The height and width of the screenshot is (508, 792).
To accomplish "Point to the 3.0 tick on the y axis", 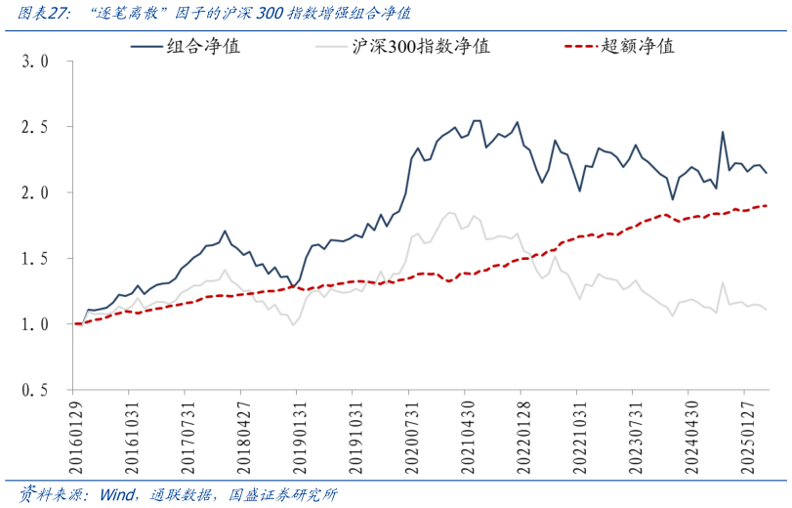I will coord(35,61).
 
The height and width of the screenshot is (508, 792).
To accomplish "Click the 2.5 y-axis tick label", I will coord(35,127).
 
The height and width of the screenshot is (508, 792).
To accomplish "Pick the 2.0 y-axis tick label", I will coord(35,192).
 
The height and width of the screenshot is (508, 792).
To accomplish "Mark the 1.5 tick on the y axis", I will coord(35,259).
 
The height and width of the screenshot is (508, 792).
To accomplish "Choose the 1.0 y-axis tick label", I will coord(35,324).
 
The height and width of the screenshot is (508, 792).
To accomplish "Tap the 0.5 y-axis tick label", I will coord(35,390).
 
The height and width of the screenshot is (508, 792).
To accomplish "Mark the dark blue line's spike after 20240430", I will coord(723,132).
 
